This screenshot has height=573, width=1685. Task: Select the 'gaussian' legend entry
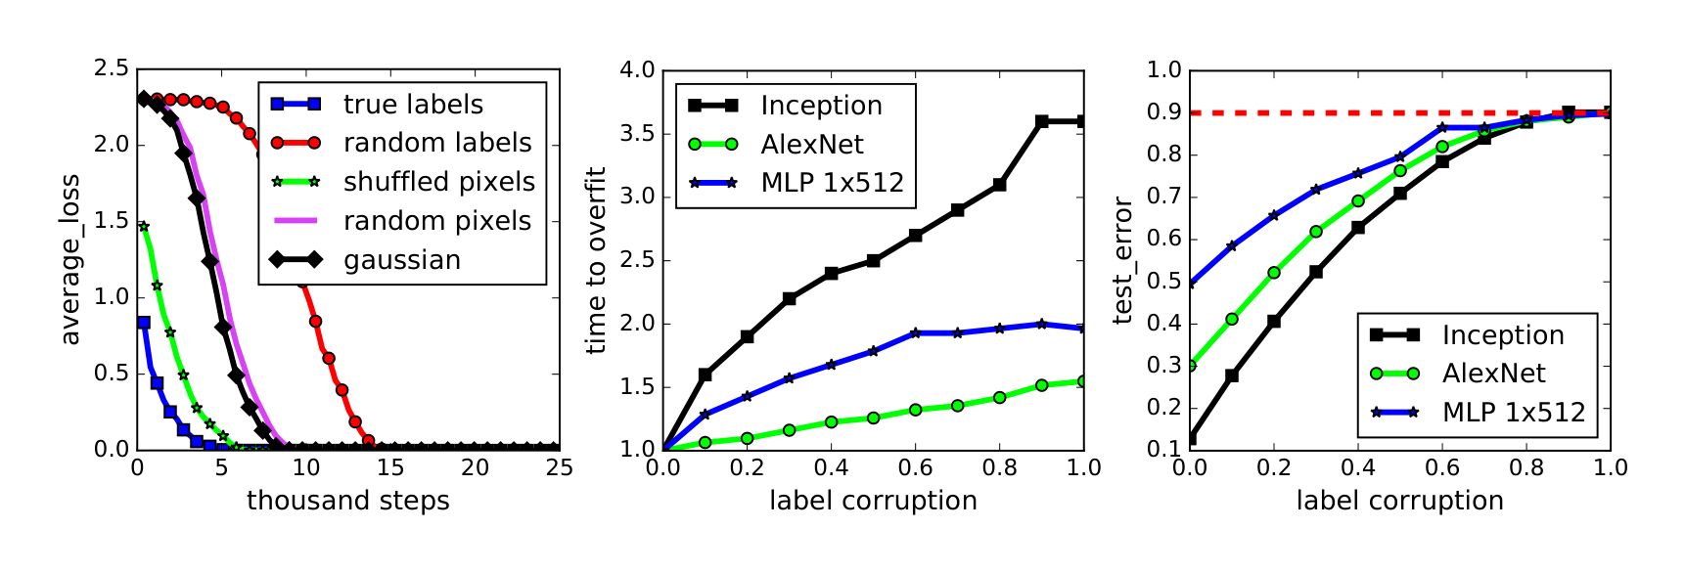pos(401,260)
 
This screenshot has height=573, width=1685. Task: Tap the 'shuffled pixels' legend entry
pos(438,182)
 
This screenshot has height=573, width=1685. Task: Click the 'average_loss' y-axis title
pos(69,260)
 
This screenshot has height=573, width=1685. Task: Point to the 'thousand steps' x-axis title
pos(347,501)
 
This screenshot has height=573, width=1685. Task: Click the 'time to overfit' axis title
pos(596,260)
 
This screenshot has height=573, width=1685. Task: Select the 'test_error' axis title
pos(1122,260)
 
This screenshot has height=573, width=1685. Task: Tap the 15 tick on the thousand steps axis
pos(390,468)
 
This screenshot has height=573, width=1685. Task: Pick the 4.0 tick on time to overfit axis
pos(637,69)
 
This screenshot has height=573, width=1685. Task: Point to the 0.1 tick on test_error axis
pos(1164,450)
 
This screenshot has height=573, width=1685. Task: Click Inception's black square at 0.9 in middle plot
pos(1042,121)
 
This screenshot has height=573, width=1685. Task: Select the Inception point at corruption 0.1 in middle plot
pos(706,375)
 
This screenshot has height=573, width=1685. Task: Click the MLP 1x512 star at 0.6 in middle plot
pos(916,333)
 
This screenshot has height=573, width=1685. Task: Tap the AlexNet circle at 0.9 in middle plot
pos(1042,385)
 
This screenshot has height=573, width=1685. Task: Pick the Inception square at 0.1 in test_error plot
pos(1232,375)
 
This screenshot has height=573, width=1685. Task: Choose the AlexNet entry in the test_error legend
pos(1493,374)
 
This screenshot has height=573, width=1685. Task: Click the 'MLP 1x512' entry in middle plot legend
pos(832,183)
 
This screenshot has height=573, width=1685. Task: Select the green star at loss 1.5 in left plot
pos(144,226)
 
